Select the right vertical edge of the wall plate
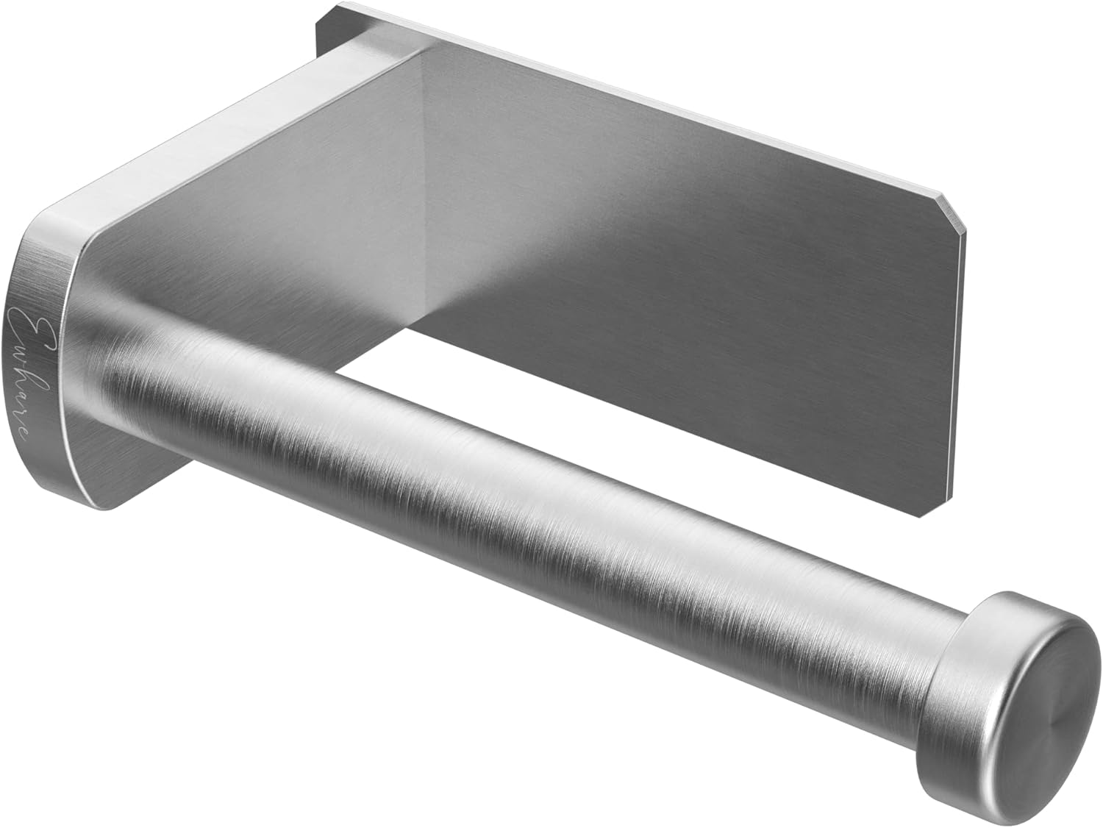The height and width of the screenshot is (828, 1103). (x=960, y=368)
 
